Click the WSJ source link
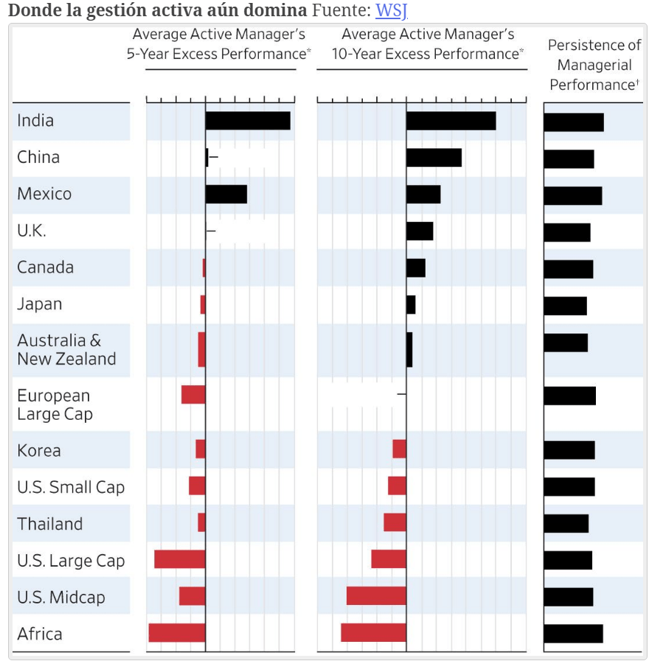pos(392,11)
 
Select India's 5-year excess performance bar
pos(248,121)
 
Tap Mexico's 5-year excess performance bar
pos(226,195)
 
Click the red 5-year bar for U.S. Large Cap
pos(180,559)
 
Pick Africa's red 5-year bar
pos(177,633)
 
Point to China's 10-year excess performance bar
pos(434,158)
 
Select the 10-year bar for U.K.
pos(420,231)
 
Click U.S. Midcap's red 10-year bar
pos(376,596)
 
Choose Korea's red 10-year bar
pos(399,449)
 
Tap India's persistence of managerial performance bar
pos(574,122)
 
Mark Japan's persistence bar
pos(565,305)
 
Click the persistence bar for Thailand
pos(566,524)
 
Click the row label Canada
pos(46,268)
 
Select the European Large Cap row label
pos(55,405)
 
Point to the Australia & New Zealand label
pos(66,350)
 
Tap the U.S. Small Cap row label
pos(71,488)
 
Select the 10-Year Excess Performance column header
pos(428,44)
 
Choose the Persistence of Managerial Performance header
pos(594,65)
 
